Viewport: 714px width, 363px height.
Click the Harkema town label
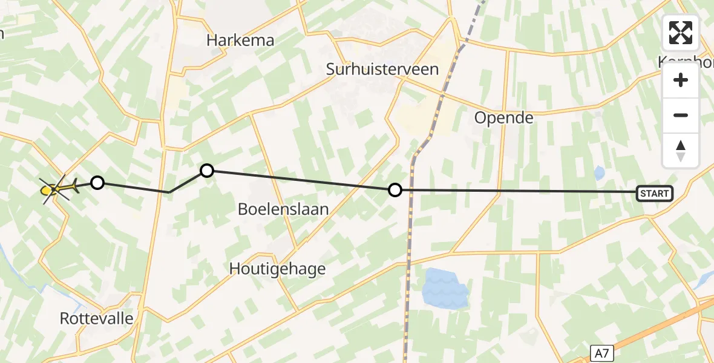(240, 41)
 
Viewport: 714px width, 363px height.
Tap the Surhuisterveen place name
(382, 69)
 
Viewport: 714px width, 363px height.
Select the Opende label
(503, 117)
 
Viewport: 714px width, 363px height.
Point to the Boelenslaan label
(283, 209)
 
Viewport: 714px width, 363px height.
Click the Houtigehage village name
(278, 269)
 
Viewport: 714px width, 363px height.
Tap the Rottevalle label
(97, 318)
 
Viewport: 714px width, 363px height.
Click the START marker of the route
(654, 194)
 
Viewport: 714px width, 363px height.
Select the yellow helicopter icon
(57, 189)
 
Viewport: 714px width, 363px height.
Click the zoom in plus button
(681, 80)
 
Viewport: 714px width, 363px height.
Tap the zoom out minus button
(681, 115)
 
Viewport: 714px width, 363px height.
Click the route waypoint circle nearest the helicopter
(97, 182)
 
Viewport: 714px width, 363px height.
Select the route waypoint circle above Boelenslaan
(207, 171)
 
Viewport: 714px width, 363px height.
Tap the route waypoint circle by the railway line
(395, 190)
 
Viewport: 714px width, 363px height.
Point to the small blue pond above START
(599, 174)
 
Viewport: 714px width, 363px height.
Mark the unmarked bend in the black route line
(169, 192)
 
